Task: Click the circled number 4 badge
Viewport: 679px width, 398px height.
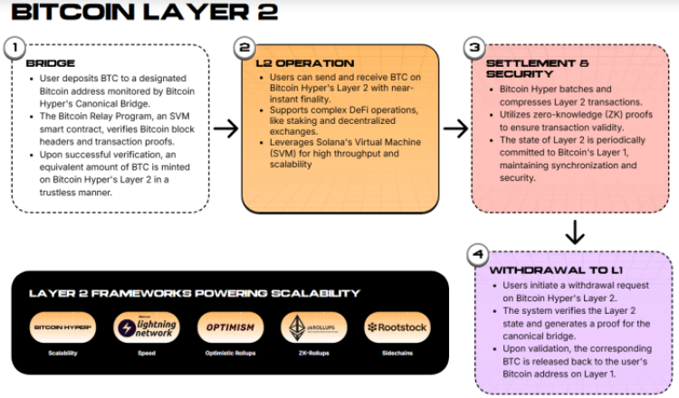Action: [476, 256]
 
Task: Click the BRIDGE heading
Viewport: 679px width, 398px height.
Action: [44, 64]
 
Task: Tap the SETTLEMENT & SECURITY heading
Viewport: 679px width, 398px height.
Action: [525, 70]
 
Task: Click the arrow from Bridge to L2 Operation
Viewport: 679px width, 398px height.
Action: [225, 128]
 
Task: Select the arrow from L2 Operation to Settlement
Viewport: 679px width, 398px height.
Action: [455, 128]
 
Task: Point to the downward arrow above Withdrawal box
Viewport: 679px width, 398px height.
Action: [574, 234]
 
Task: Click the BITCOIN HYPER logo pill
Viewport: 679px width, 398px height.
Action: [62, 327]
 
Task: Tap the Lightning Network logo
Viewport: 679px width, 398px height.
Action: [147, 327]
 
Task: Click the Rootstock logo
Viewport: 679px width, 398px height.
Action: [397, 327]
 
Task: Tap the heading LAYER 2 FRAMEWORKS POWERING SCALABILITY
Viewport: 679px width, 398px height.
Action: [195, 293]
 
